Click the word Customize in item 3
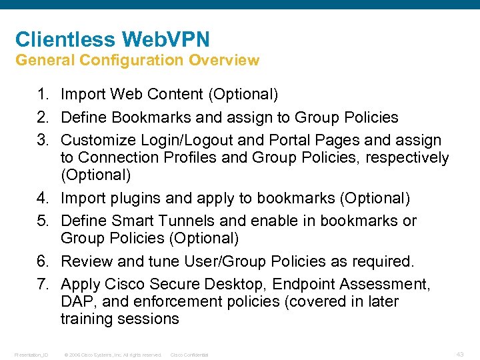[99, 141]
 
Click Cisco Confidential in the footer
[189, 355]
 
